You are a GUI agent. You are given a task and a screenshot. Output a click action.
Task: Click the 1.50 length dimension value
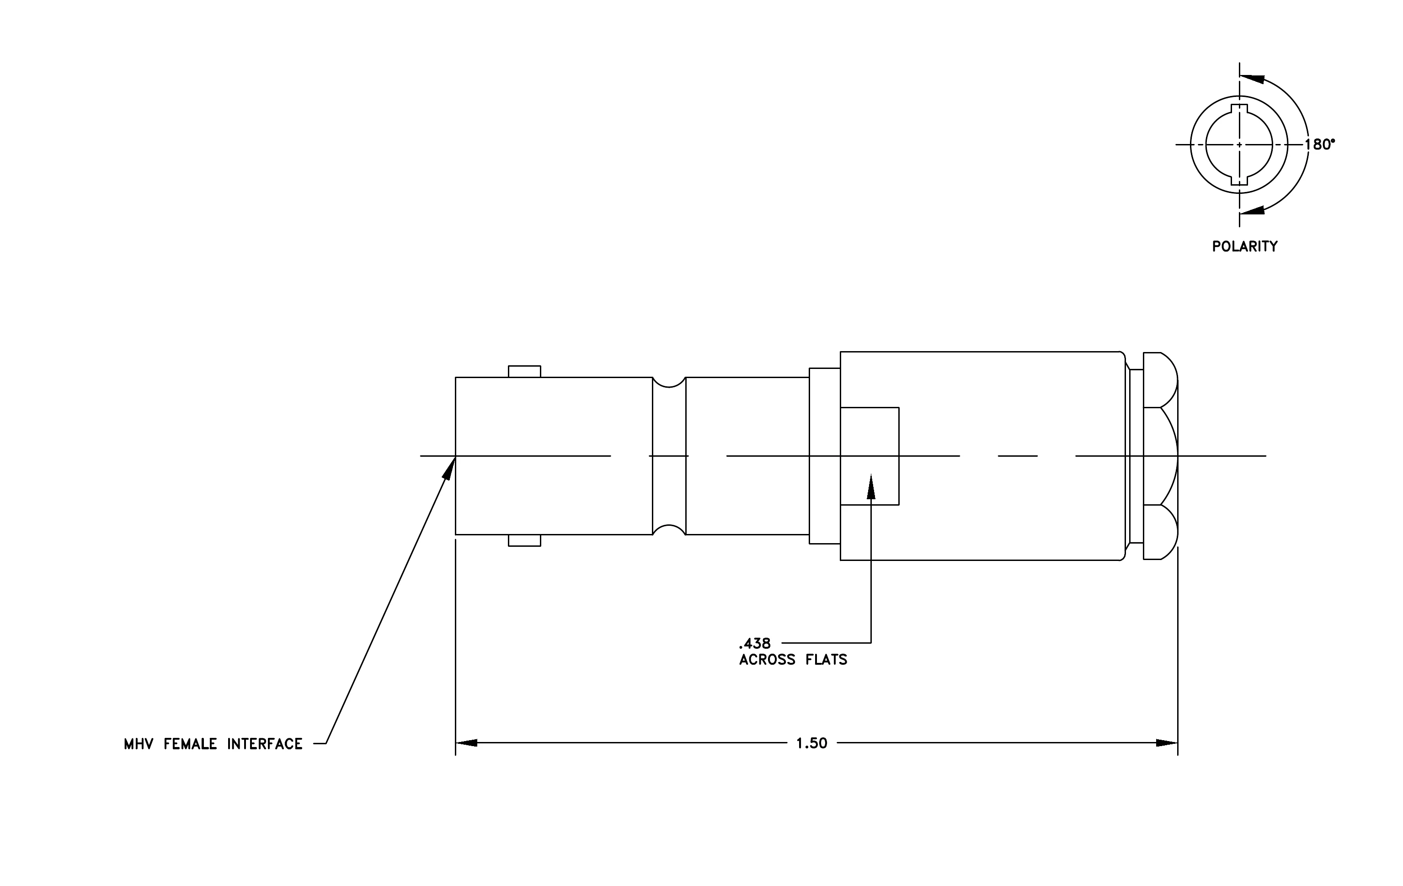click(811, 743)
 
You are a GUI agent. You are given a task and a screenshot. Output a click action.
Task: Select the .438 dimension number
click(754, 644)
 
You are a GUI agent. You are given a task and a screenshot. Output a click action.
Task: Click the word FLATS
click(827, 660)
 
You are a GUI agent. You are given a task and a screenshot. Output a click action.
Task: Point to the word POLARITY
click(1244, 246)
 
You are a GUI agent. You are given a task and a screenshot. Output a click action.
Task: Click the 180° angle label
click(1320, 144)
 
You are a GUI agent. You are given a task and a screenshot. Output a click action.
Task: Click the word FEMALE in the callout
click(191, 744)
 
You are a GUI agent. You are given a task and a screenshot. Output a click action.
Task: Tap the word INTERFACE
click(265, 744)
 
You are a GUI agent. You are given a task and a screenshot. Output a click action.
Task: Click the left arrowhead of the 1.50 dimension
click(466, 743)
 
